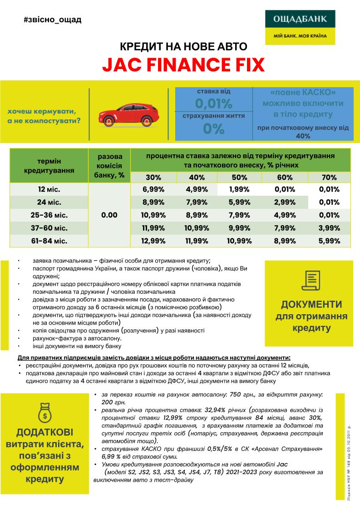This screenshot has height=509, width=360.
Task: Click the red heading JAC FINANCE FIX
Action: pyautogui.click(x=183, y=65)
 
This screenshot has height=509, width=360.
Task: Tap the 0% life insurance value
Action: pyautogui.click(x=213, y=129)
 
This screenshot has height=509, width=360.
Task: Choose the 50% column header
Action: pyautogui.click(x=239, y=178)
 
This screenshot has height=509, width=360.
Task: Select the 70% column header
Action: pyautogui.click(x=329, y=178)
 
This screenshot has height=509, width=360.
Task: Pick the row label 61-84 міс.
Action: pyautogui.click(x=49, y=241)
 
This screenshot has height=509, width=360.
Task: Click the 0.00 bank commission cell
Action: pyautogui.click(x=109, y=215)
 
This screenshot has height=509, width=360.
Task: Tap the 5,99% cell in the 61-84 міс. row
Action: pyautogui.click(x=329, y=241)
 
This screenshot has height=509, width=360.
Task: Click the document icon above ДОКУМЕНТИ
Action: pyautogui.click(x=311, y=280)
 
